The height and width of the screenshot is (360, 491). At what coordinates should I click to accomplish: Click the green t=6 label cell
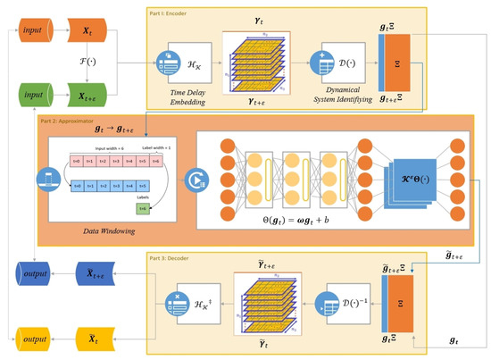tap(142, 206)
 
